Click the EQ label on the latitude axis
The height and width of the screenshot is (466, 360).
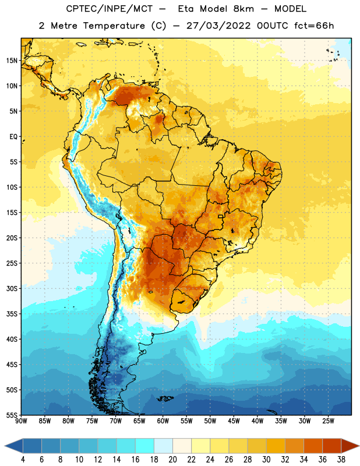(13, 137)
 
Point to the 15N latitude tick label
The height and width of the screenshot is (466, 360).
(12, 61)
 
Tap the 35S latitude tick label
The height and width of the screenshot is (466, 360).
(12, 314)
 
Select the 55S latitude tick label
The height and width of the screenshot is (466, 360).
(12, 415)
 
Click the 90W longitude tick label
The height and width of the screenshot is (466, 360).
(21, 421)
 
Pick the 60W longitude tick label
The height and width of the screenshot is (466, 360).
(163, 421)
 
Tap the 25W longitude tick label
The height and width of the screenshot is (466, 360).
(328, 421)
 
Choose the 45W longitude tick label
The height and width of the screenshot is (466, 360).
(234, 421)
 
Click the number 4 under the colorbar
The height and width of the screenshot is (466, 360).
(23, 460)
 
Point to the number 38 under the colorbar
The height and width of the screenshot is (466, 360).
(341, 460)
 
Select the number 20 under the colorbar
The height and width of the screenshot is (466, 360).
(172, 460)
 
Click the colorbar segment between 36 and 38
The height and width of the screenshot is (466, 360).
(332, 446)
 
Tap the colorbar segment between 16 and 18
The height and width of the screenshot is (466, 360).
(145, 446)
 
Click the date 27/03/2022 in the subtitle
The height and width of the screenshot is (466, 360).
(219, 26)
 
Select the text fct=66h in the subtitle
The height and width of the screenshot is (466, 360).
(314, 26)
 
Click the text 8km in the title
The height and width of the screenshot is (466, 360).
(243, 9)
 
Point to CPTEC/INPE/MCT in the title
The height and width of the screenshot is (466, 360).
(109, 9)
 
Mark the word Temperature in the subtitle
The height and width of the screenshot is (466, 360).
(114, 26)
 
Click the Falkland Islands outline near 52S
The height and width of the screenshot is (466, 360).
(165, 398)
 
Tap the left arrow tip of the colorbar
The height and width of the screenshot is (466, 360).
(5, 446)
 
